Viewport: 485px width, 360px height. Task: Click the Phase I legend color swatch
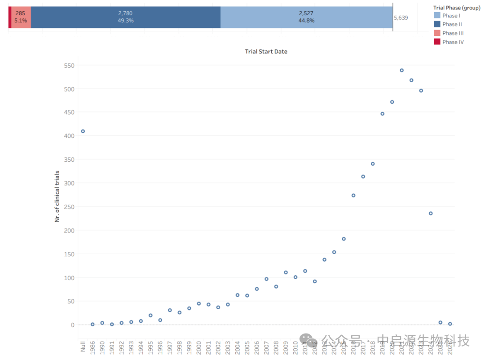(x=437, y=16)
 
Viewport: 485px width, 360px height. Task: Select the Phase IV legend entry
(x=453, y=42)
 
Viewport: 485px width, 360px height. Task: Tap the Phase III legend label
(x=453, y=33)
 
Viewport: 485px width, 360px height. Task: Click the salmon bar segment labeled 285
(x=21, y=18)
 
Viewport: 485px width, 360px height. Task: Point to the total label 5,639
(x=401, y=18)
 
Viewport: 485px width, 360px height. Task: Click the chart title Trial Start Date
(x=266, y=52)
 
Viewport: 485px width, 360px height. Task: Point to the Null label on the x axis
(x=83, y=347)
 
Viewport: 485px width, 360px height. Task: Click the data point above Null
(x=83, y=132)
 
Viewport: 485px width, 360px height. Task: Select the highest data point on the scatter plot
(x=401, y=70)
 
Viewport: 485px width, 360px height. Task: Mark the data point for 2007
(x=266, y=279)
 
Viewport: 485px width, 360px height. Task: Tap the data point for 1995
(x=150, y=316)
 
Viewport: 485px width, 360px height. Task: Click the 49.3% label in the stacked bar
(x=125, y=21)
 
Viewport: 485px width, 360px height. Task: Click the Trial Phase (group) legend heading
(x=457, y=8)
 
